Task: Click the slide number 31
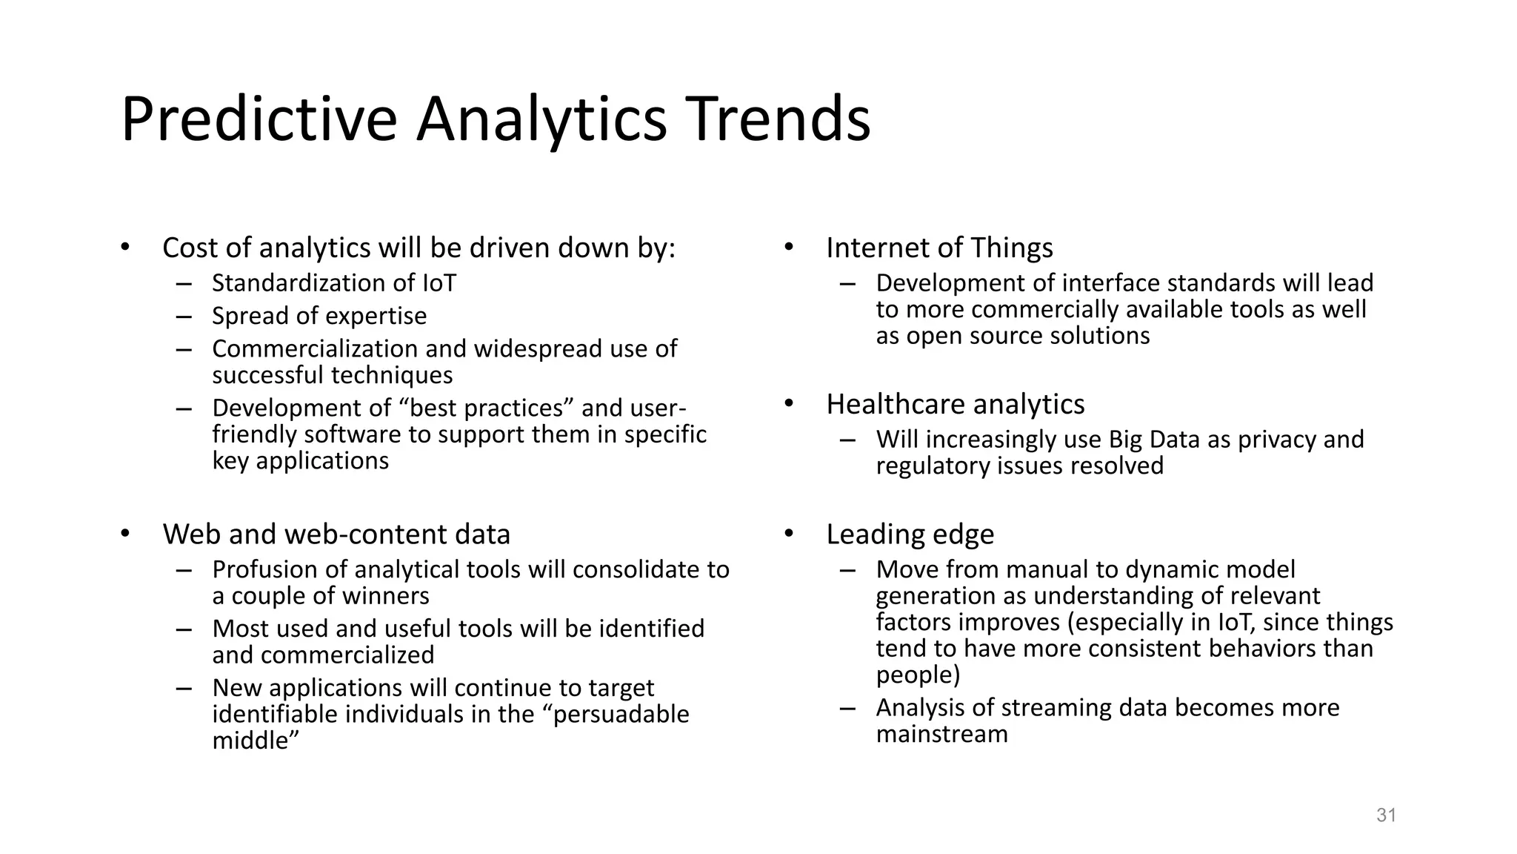pos(1386,815)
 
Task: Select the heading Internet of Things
pos(939,248)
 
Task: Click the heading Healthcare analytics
pos(955,404)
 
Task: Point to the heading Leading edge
pos(910,534)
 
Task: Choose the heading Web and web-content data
pos(336,534)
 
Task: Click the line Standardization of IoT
pos(334,283)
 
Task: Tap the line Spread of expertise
pos(319,316)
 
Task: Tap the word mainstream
pos(941,735)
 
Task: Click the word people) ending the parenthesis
pos(918,675)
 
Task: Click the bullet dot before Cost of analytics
pos(125,248)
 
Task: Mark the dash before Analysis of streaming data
pos(847,708)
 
